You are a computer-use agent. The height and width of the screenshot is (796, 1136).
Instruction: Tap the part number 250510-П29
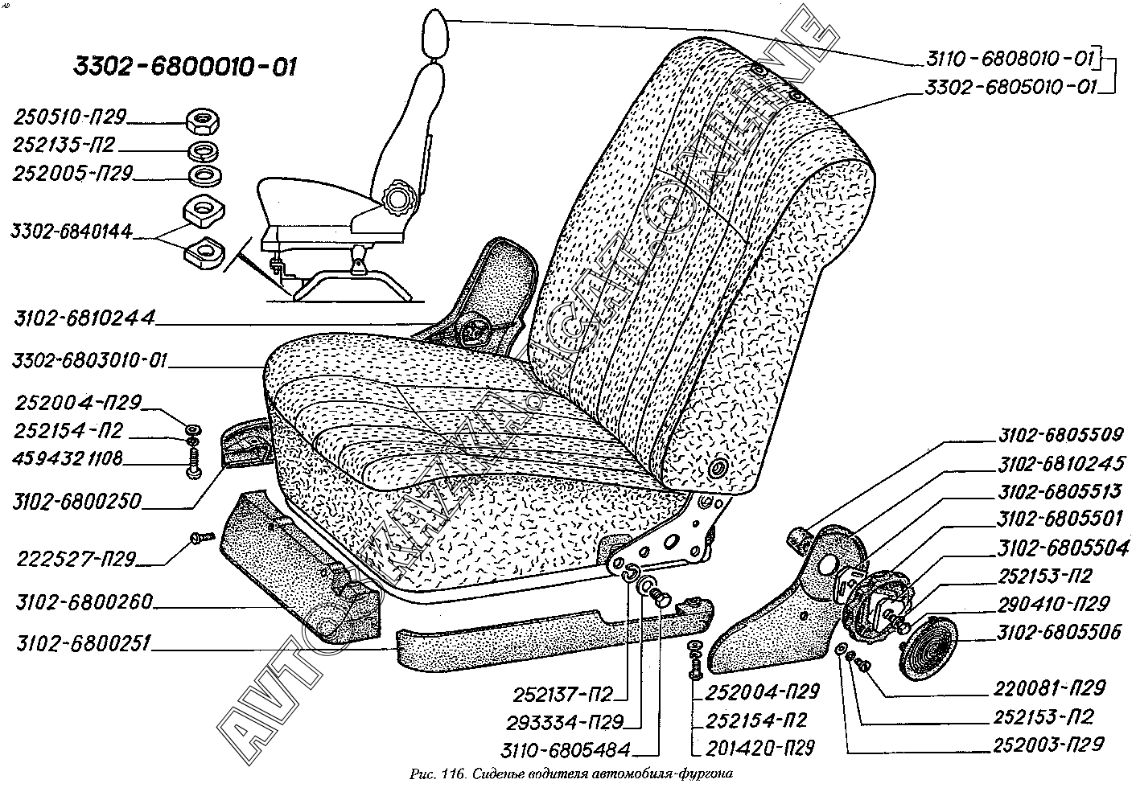pyautogui.click(x=69, y=118)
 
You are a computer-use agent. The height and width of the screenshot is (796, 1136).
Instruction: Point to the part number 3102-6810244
pyautogui.click(x=84, y=320)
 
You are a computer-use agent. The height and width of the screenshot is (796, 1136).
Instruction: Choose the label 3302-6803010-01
pyautogui.click(x=89, y=360)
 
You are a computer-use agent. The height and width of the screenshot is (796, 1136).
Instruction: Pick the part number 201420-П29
pyautogui.click(x=759, y=748)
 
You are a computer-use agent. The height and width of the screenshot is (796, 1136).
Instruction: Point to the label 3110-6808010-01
pyautogui.click(x=1009, y=60)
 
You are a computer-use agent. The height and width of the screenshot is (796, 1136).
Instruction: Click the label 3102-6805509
pyautogui.click(x=1059, y=436)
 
